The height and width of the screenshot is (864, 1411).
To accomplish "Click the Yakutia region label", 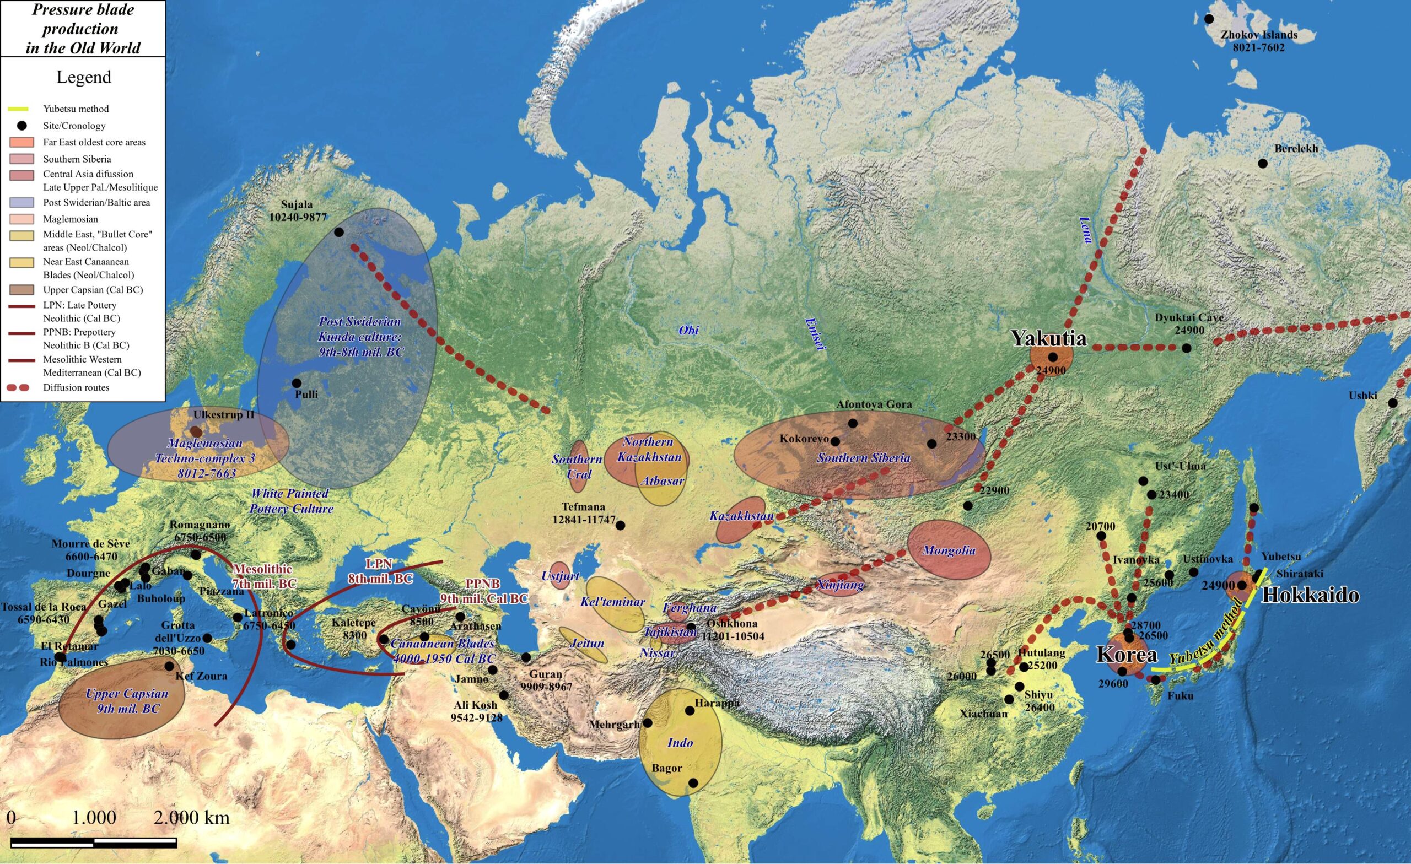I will pyautogui.click(x=1048, y=338).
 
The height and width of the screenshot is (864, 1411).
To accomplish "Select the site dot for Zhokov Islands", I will pyautogui.click(x=1209, y=19).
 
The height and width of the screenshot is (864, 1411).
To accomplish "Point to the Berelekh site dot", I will pyautogui.click(x=1263, y=163).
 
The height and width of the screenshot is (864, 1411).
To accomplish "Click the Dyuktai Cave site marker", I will pyautogui.click(x=1187, y=348).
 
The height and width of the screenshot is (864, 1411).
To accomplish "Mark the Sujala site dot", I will pyautogui.click(x=338, y=232).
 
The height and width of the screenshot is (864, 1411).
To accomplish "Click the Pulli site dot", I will pyautogui.click(x=296, y=382).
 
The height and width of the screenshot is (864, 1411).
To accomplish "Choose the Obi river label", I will pyautogui.click(x=688, y=331).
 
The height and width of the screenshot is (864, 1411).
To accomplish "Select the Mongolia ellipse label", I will pyautogui.click(x=949, y=551).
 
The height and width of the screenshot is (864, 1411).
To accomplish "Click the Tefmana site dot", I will pyautogui.click(x=620, y=525).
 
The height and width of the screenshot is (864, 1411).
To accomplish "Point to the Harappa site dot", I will pyautogui.click(x=690, y=711).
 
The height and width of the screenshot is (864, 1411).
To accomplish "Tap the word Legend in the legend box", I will pyautogui.click(x=84, y=77).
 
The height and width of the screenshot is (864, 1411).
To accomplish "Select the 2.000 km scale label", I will pyautogui.click(x=191, y=818).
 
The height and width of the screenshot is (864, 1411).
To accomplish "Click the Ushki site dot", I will pyautogui.click(x=1393, y=403).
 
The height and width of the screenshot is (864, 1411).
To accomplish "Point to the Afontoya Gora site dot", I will pyautogui.click(x=853, y=423).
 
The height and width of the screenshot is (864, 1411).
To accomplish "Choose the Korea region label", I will pyautogui.click(x=1127, y=655).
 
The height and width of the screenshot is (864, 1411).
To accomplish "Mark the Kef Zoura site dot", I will pyautogui.click(x=169, y=666).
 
